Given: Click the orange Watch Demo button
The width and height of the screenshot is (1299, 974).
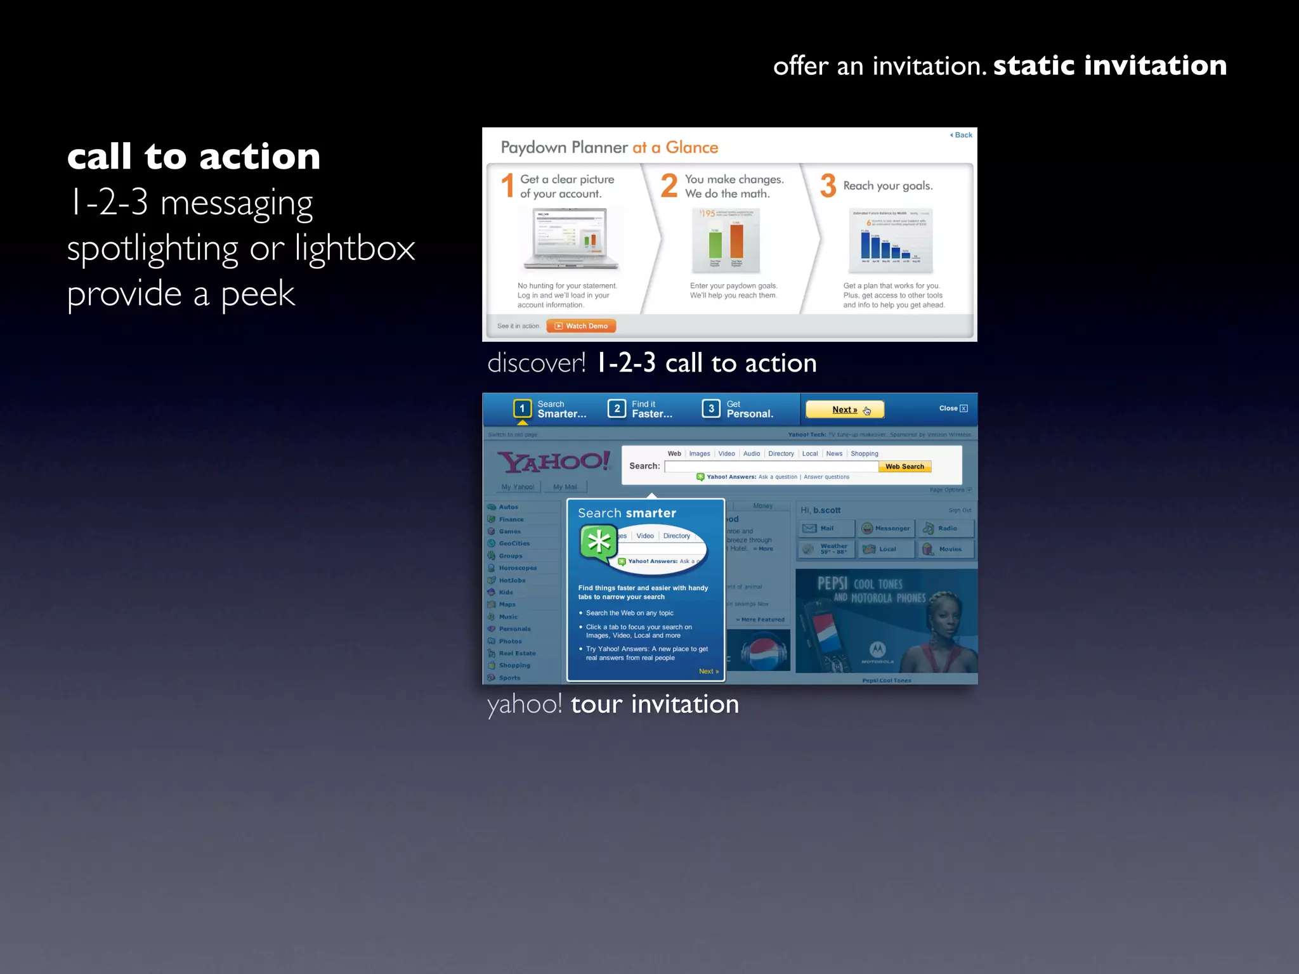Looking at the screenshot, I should (581, 326).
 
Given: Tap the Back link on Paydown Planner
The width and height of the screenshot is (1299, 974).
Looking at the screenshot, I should (962, 135).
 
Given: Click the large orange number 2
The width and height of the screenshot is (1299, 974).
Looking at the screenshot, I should (669, 186).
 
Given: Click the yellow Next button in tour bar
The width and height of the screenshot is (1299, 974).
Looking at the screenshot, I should (845, 410).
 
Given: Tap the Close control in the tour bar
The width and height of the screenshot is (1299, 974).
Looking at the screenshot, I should (953, 408).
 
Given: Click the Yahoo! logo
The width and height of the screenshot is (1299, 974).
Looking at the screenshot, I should (553, 462).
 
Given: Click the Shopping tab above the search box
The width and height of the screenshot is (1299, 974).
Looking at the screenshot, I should (864, 453).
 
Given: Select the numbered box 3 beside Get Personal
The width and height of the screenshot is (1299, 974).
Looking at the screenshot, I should (711, 408).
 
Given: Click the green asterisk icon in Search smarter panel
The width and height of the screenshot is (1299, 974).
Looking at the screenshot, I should (599, 543).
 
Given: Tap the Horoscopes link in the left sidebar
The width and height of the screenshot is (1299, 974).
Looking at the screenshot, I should (517, 568).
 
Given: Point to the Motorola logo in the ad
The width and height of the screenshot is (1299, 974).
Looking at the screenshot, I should (877, 650).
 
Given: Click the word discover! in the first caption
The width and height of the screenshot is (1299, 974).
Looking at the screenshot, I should (536, 363).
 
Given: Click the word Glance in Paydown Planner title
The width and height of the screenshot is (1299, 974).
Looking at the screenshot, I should (691, 148).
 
